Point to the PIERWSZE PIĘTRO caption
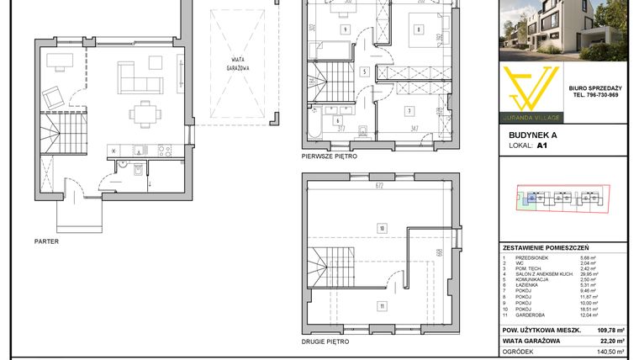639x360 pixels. (329, 156)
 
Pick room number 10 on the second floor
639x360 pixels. (381, 227)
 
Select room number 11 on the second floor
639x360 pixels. (381, 305)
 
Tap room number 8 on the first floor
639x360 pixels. (418, 30)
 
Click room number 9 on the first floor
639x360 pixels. (345, 30)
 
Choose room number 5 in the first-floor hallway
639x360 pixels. (364, 72)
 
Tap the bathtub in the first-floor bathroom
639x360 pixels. (314, 126)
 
